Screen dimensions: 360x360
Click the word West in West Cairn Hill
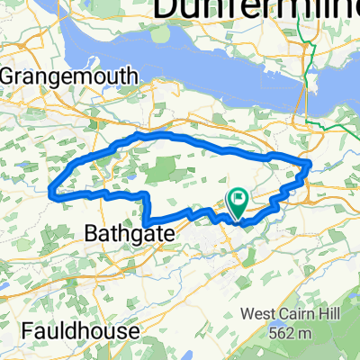coord(259,315)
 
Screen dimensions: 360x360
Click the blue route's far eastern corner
coord(310,164)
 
